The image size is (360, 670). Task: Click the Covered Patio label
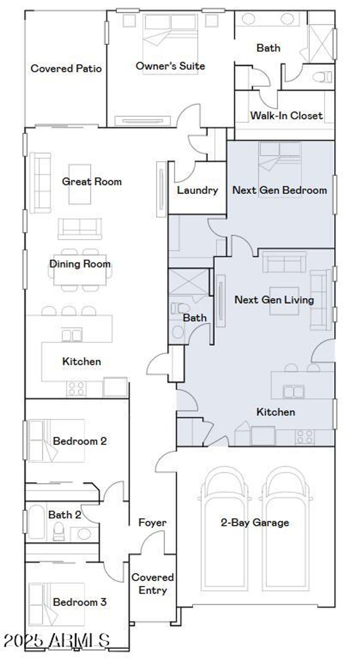point(66,68)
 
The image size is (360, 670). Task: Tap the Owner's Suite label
point(171,66)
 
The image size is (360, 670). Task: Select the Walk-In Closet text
point(286,116)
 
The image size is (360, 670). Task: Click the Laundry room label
point(197,190)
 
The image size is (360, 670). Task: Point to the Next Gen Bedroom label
point(280,190)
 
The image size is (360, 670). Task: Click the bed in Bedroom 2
point(56,441)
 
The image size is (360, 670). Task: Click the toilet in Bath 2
point(58,531)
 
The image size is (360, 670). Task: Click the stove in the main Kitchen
point(76,389)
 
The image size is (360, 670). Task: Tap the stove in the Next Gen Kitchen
point(304,437)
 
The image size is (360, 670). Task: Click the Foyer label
point(152,522)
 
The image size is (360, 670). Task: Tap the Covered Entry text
point(153,583)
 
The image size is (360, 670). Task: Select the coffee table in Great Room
point(80,184)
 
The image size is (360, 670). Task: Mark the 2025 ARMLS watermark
point(56,640)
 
